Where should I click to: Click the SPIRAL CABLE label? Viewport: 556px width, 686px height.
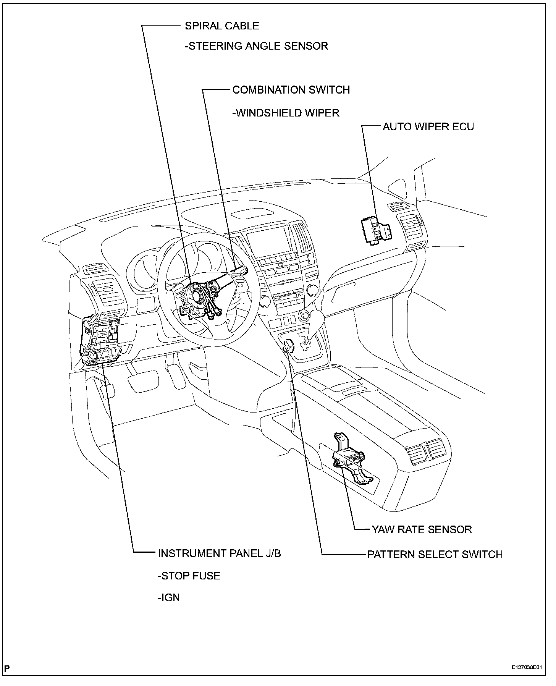point(222,26)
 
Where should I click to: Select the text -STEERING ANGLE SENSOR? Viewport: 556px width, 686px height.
point(256,46)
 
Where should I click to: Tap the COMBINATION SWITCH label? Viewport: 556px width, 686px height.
point(291,90)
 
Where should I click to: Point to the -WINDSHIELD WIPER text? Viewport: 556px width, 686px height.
point(286,113)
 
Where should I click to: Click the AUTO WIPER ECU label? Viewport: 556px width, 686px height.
point(428,127)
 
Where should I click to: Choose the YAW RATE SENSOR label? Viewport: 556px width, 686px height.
point(422,529)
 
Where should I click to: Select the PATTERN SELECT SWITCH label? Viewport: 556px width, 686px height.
point(435,554)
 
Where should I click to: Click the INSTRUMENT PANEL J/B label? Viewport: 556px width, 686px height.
point(220,553)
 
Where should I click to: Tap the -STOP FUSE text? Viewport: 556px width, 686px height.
point(189,576)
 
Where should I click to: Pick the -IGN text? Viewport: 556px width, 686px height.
point(169,597)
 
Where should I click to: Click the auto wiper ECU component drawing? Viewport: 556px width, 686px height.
point(376,230)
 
